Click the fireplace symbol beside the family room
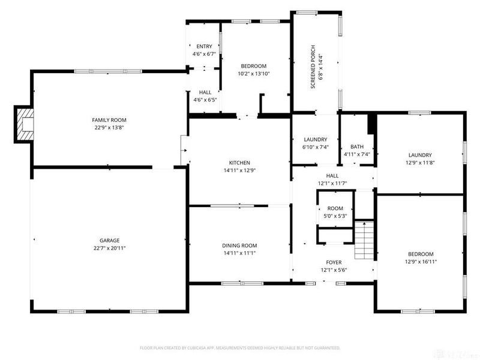click(25, 124)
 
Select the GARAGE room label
click(110, 240)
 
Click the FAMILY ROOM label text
click(109, 120)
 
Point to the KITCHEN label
click(239, 163)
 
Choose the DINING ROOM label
click(239, 245)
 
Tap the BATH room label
click(357, 146)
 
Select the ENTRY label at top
click(204, 46)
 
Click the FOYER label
click(334, 262)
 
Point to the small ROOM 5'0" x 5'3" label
click(335, 208)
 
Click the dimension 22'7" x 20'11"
click(110, 248)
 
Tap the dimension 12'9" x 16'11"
click(420, 262)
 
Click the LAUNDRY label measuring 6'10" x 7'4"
click(315, 139)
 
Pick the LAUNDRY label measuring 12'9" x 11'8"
click(420, 155)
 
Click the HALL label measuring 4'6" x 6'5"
click(205, 92)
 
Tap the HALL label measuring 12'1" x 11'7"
click(332, 175)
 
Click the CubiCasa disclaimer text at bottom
click(240, 348)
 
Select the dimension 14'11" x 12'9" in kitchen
click(239, 170)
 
